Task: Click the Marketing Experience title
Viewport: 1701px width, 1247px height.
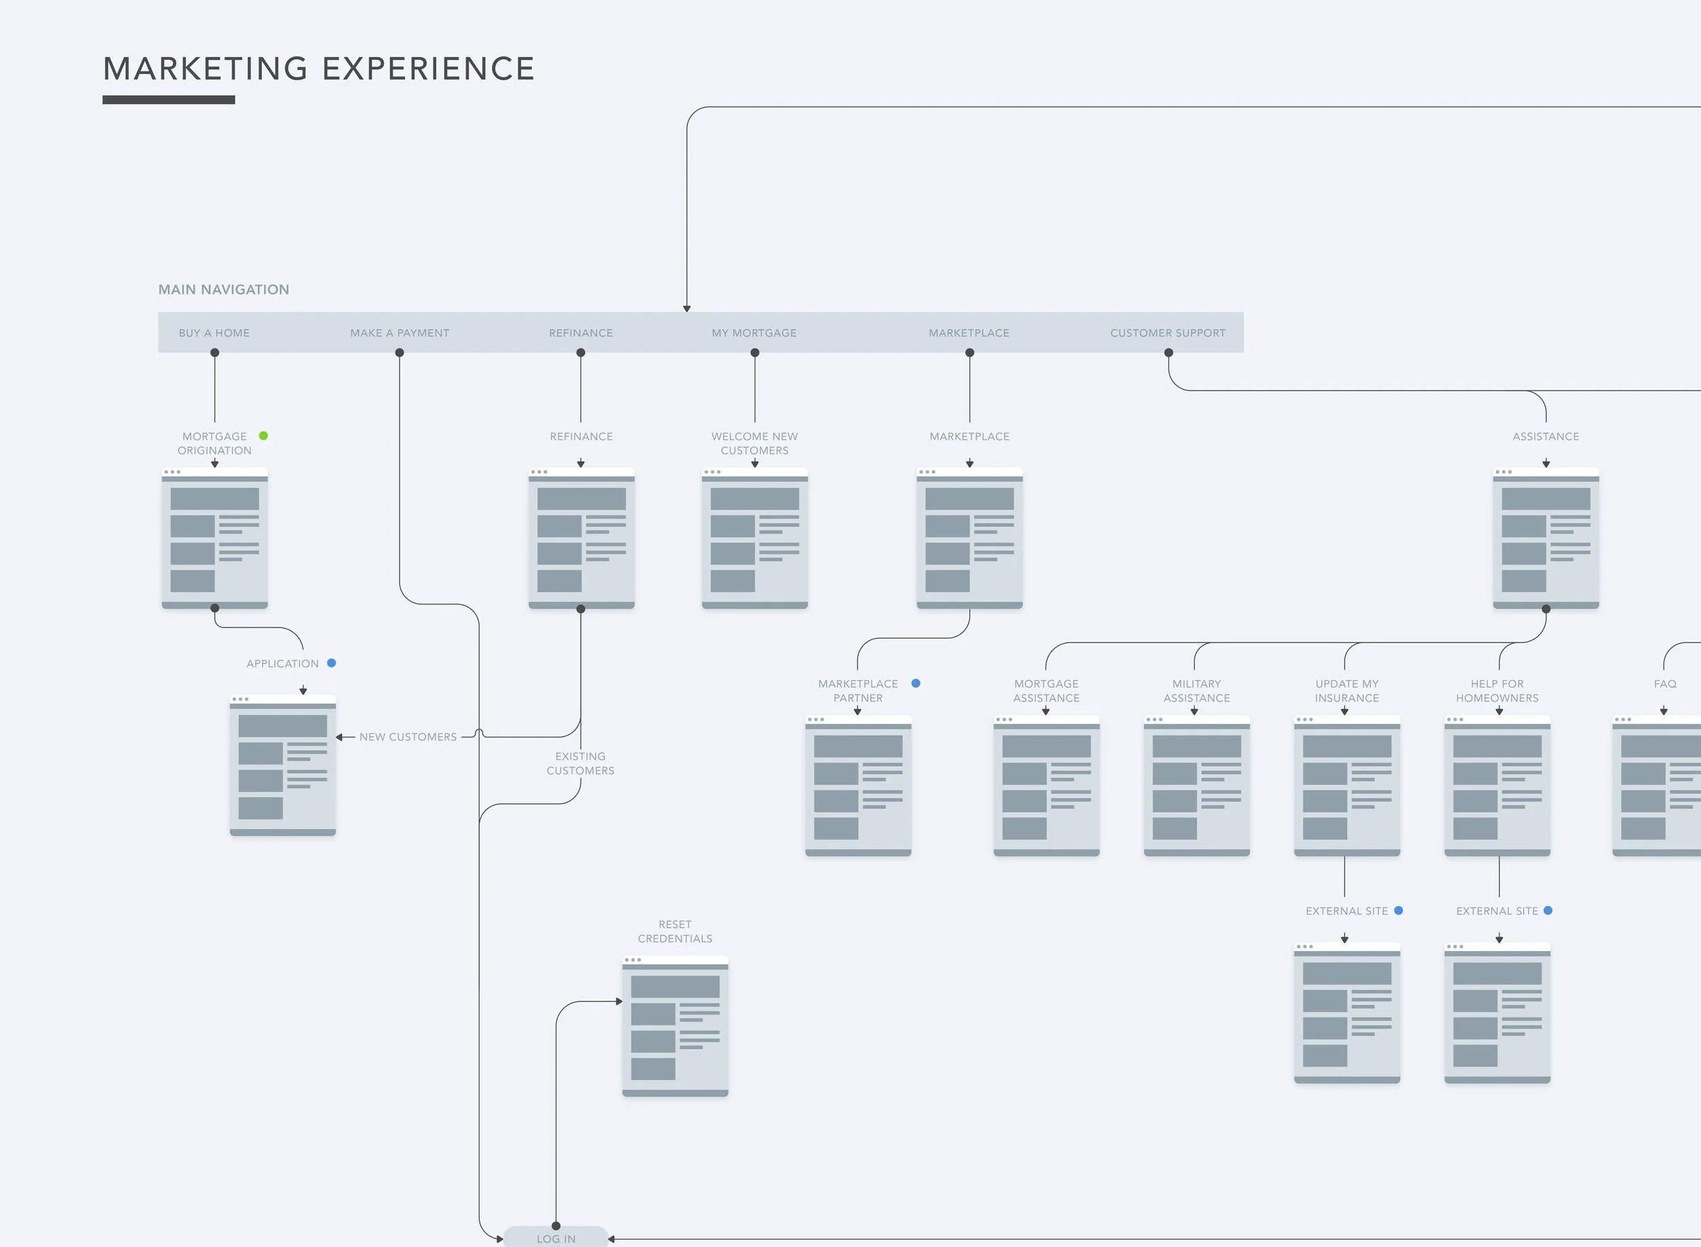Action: coord(318,69)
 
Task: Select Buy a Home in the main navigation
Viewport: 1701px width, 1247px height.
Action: coord(214,333)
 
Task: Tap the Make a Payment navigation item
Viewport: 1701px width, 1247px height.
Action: coord(399,333)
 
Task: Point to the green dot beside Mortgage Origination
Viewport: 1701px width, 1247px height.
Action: coord(263,435)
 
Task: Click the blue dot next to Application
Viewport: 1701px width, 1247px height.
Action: coord(331,663)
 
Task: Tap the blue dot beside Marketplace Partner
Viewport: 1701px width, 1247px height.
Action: coord(916,683)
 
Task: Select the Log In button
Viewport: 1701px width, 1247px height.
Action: coord(556,1238)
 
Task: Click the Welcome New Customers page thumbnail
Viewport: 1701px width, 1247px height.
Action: coord(755,538)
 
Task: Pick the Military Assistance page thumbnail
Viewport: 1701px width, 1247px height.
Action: coord(1197,785)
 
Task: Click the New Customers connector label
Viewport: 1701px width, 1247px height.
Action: coord(408,737)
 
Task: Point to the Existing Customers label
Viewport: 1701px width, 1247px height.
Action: coord(580,763)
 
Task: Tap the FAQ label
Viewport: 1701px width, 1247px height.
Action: coord(1665,684)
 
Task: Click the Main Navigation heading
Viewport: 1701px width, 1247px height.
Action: coord(223,289)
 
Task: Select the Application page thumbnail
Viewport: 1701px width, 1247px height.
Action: coord(282,765)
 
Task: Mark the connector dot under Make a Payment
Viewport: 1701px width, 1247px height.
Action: coord(399,352)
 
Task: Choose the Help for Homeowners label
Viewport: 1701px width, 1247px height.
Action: coord(1496,691)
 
